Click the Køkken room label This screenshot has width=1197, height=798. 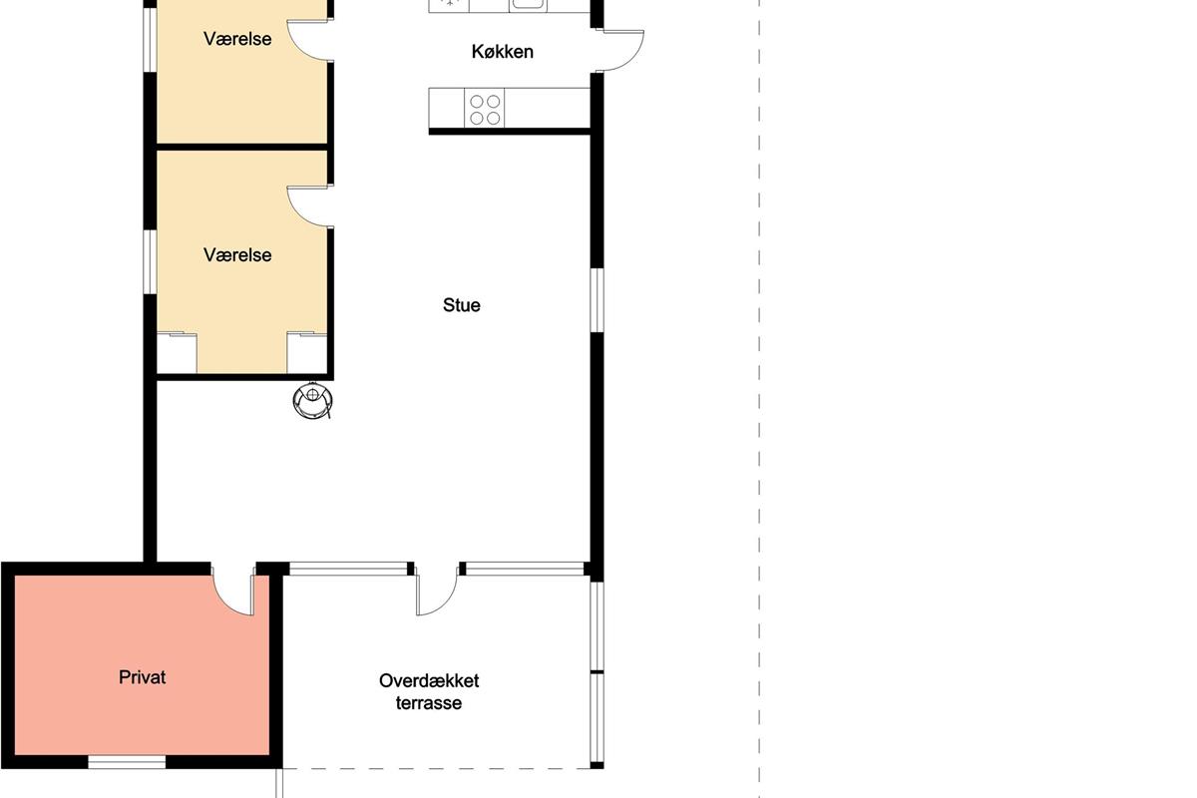(503, 52)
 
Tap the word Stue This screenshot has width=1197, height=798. (462, 305)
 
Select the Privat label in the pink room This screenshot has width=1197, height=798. (142, 677)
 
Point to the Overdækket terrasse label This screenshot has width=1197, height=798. (429, 691)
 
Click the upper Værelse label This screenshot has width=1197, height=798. (237, 39)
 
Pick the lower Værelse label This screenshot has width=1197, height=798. (237, 255)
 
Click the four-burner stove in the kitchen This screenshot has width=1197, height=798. (485, 109)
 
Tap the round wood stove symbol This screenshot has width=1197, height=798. (312, 400)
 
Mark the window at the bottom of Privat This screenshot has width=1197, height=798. (127, 762)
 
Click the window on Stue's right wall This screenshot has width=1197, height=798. (597, 300)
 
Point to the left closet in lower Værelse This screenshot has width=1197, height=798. (177, 353)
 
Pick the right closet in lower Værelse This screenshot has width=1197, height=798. (307, 353)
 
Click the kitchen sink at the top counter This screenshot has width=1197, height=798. (528, 5)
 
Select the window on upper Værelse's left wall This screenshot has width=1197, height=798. (151, 39)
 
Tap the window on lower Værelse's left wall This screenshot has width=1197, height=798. (151, 262)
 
